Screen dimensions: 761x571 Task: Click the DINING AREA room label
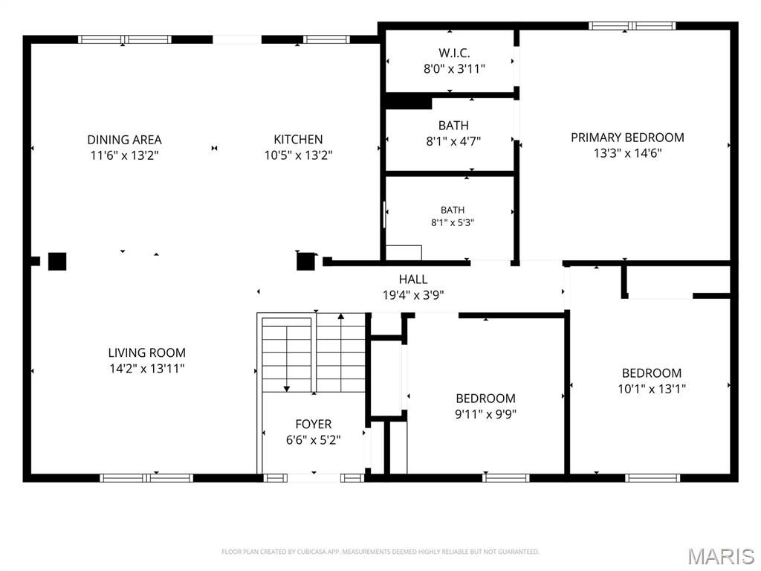pyautogui.click(x=124, y=140)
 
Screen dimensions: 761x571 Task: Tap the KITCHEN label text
pyautogui.click(x=298, y=139)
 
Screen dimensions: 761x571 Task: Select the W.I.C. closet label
pyautogui.click(x=454, y=53)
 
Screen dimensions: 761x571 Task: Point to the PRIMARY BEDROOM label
pyautogui.click(x=627, y=138)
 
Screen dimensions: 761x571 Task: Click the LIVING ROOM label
pyautogui.click(x=146, y=352)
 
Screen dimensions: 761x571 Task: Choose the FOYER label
pyautogui.click(x=314, y=424)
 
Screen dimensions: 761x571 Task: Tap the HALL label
pyautogui.click(x=413, y=280)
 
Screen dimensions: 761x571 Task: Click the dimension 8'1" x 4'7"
pyautogui.click(x=453, y=141)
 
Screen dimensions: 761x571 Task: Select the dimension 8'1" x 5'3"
pyautogui.click(x=453, y=223)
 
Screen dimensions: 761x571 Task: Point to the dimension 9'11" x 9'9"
pyautogui.click(x=485, y=414)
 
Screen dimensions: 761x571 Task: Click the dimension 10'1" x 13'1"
pyautogui.click(x=651, y=388)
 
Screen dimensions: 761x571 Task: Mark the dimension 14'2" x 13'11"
pyautogui.click(x=147, y=369)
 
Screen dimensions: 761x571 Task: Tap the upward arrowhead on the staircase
pyautogui.click(x=340, y=316)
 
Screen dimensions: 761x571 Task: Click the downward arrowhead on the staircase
pyautogui.click(x=286, y=388)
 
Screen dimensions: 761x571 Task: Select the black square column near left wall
pyautogui.click(x=57, y=261)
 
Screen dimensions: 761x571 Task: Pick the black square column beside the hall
pyautogui.click(x=305, y=261)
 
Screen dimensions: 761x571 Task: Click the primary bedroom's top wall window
pyautogui.click(x=632, y=26)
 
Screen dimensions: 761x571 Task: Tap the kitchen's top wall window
pyautogui.click(x=327, y=39)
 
